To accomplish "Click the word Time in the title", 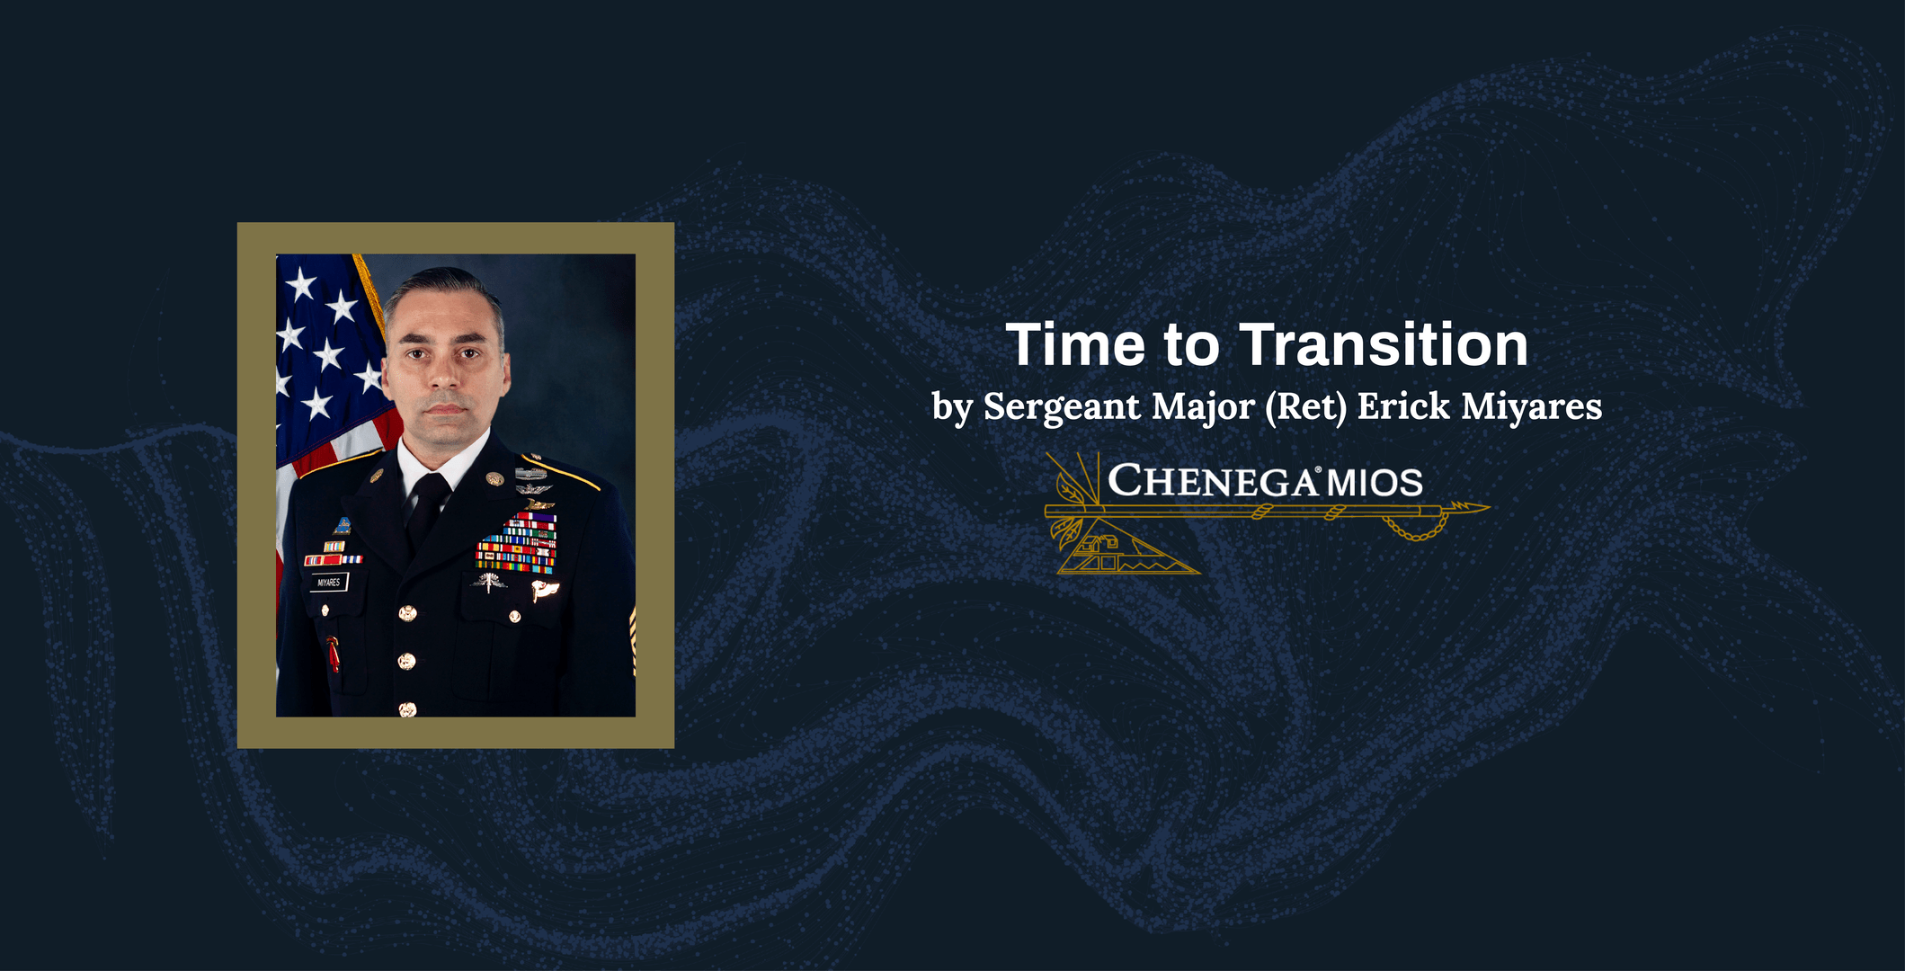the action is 1075,345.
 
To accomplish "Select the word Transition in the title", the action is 1384,345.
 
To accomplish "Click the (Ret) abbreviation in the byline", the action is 1306,406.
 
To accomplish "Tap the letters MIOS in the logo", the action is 1375,483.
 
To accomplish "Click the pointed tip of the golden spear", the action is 1489,507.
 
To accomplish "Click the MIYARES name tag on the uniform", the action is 329,583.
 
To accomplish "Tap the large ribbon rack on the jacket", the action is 517,543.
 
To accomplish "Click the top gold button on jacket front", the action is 407,614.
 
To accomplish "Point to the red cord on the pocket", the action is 334,654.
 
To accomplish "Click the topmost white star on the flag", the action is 300,284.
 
